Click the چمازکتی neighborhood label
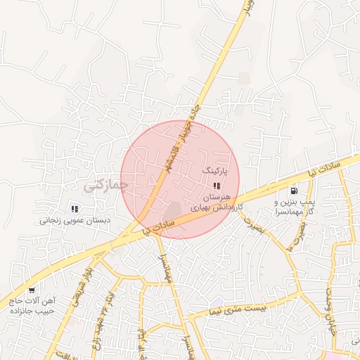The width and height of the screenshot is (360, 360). coord(106,185)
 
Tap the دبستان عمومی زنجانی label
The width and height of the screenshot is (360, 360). coord(75,220)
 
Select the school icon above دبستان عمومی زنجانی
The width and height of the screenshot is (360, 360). coord(75,208)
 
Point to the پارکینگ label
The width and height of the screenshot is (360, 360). coord(216,171)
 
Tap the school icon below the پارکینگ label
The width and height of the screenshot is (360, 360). coord(217,186)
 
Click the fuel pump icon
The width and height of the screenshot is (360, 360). coord(293,190)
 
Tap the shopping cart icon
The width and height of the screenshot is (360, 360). coord(31,290)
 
